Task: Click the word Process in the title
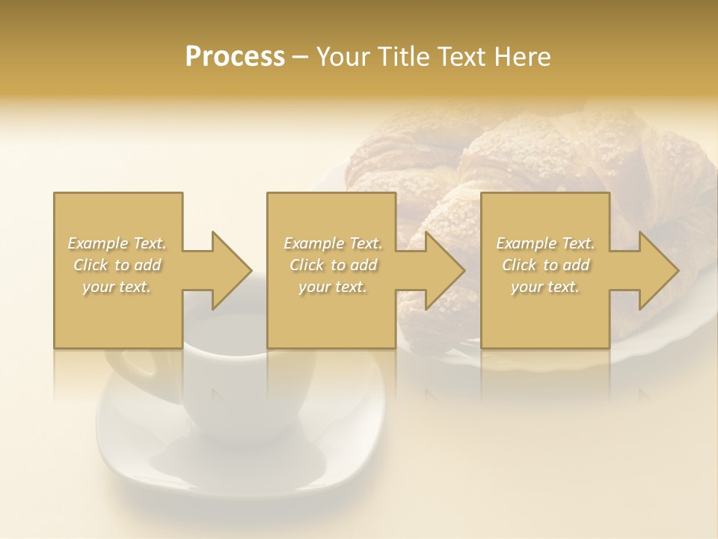coord(235,57)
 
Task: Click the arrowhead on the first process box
coord(228,270)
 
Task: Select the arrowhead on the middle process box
coord(442,270)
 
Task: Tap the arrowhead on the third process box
coord(656,270)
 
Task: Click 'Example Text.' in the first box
coord(117,243)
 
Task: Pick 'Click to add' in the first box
coord(117,265)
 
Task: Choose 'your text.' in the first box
coord(117,287)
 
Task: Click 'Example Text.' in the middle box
coord(333,243)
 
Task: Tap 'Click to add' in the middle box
coord(333,265)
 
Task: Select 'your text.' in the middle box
coord(333,287)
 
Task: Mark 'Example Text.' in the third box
coord(545,243)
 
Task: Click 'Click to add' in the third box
coord(545,265)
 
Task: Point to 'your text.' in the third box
coord(545,287)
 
